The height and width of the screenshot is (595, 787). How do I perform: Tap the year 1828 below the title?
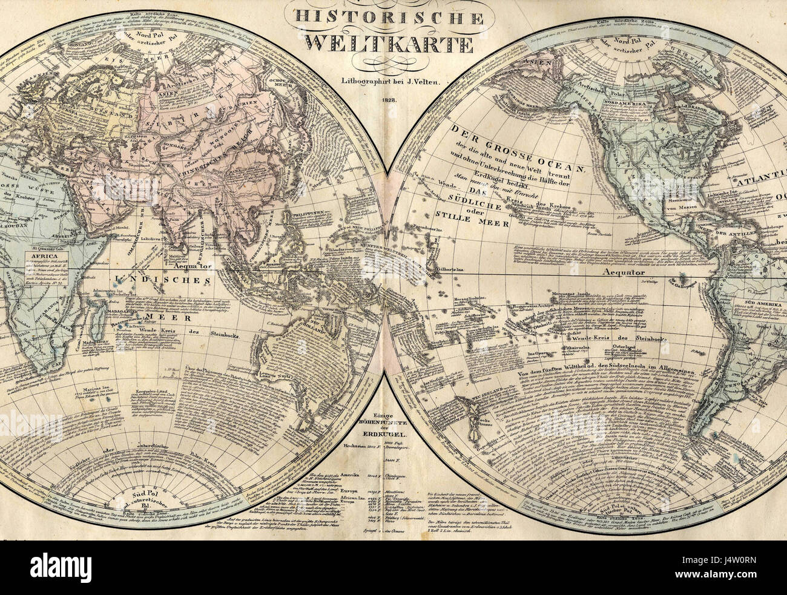click(x=388, y=99)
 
